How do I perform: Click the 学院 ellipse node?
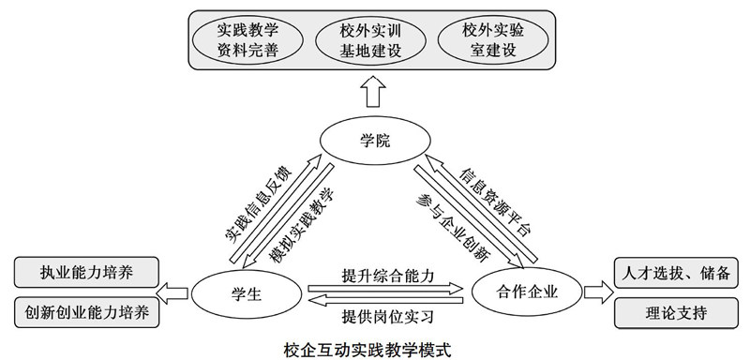tap(374, 141)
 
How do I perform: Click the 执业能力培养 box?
tap(87, 274)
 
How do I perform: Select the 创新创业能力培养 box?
tap(87, 311)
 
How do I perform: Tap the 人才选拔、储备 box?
tap(676, 274)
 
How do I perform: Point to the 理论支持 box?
tap(676, 311)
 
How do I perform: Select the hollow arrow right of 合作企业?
tap(594, 292)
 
